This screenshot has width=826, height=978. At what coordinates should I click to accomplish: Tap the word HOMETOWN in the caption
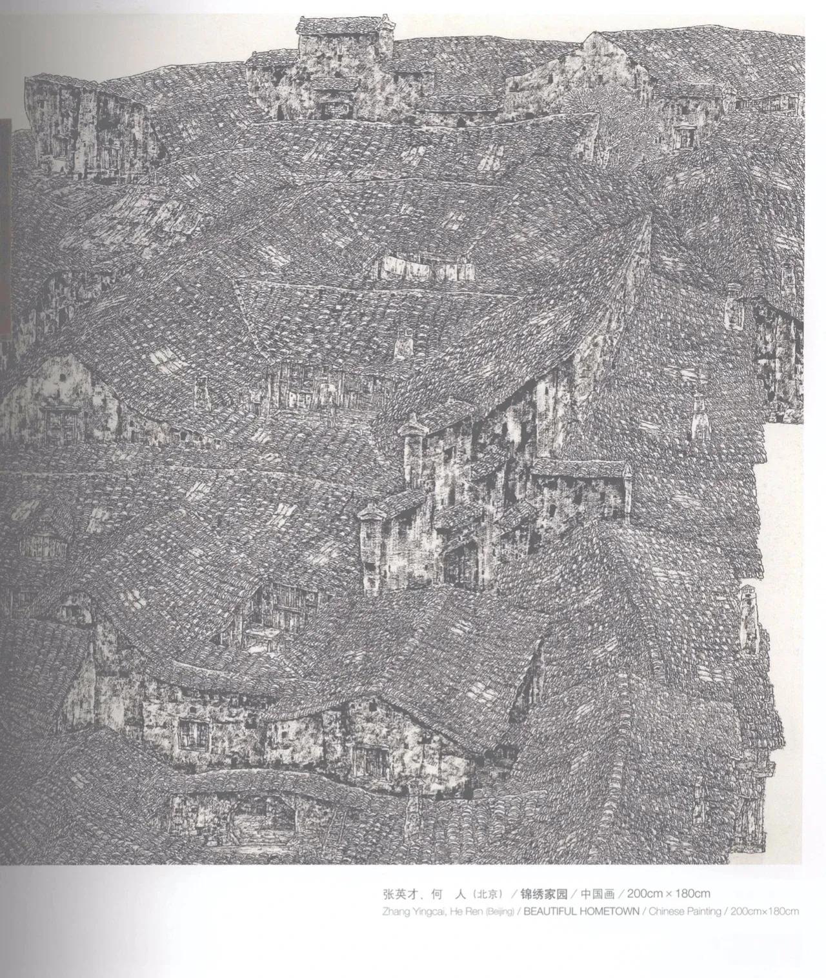[604, 912]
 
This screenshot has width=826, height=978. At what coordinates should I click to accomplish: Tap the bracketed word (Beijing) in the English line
[498, 912]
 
